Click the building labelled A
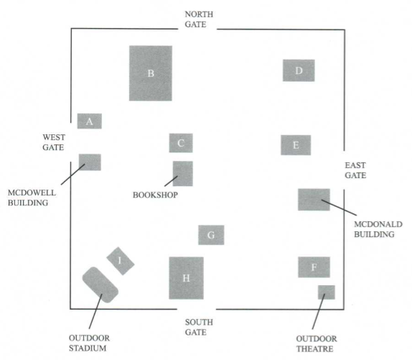click(89, 121)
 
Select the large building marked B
click(151, 73)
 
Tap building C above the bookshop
click(181, 143)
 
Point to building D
click(299, 70)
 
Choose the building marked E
click(296, 145)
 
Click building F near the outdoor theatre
click(314, 267)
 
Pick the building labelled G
click(211, 235)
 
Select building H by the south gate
click(187, 278)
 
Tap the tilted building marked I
click(121, 261)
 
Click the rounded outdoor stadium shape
click(100, 285)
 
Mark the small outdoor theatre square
click(327, 292)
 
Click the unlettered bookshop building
click(183, 174)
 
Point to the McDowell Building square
click(90, 162)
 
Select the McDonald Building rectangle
click(314, 200)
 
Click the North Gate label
click(199, 19)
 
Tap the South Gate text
click(199, 327)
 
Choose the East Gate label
click(355, 170)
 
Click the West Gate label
click(54, 142)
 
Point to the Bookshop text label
click(155, 195)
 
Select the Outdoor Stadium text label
click(89, 343)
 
